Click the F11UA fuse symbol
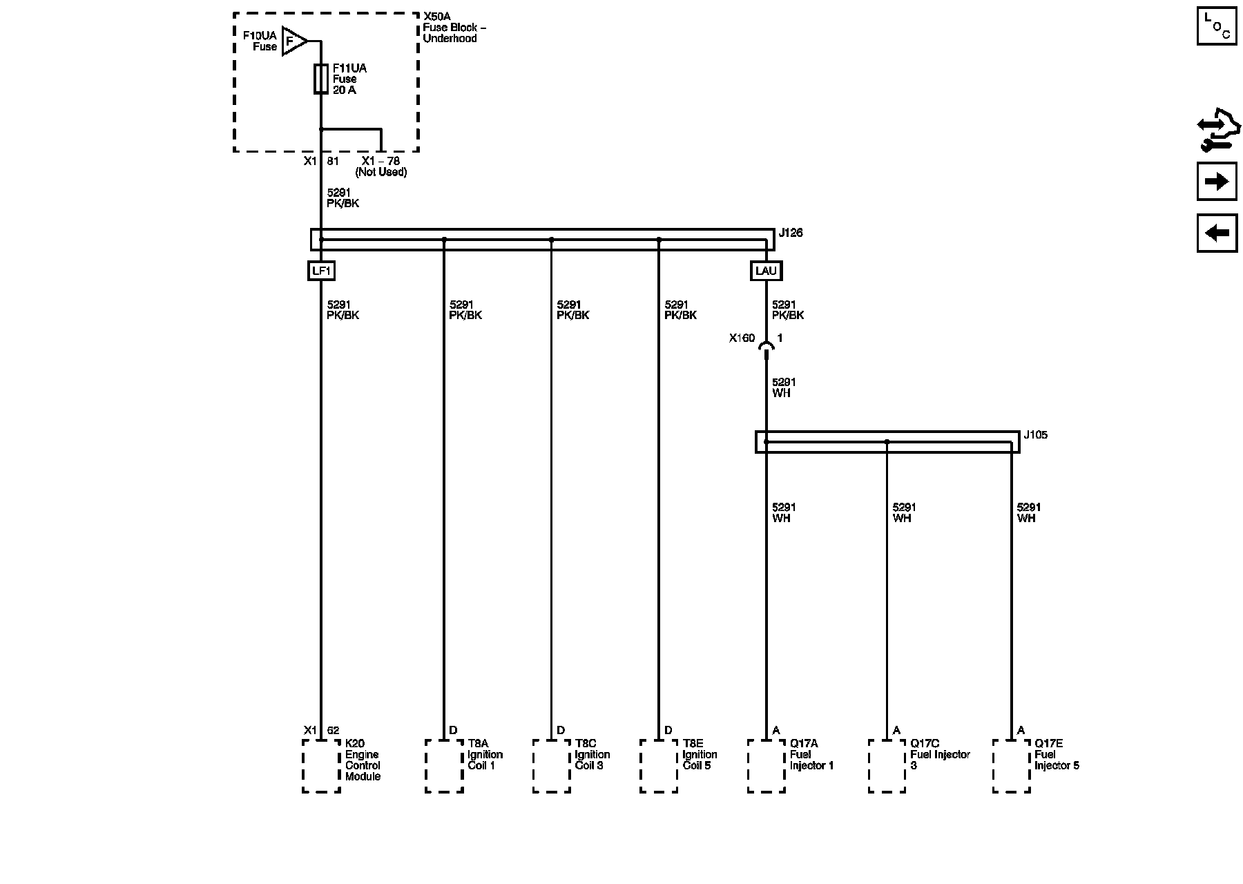[321, 79]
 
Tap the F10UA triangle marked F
[293, 42]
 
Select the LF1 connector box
[321, 271]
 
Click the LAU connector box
[766, 271]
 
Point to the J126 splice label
[791, 233]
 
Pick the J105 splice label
[1035, 435]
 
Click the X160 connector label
[742, 338]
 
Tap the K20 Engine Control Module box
[321, 766]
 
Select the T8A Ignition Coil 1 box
[444, 766]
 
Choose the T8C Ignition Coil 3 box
[551, 766]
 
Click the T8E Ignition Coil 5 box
[659, 766]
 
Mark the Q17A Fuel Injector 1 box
[766, 766]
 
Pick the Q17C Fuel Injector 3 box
[887, 766]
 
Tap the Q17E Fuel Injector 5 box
[1011, 766]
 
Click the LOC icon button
[1217, 26]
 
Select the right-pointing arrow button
[1217, 182]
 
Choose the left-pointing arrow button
[1217, 233]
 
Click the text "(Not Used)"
[381, 172]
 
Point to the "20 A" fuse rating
[345, 90]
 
